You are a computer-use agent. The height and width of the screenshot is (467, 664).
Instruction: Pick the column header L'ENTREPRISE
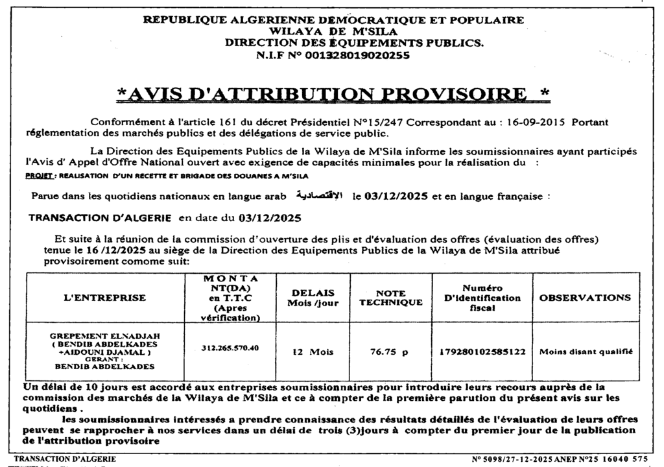[104, 298]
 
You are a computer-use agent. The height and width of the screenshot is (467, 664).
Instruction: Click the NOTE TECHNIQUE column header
[390, 298]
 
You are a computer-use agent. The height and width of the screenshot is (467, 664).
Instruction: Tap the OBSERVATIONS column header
[585, 298]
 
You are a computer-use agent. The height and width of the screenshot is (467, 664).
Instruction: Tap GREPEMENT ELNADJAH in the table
[104, 335]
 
